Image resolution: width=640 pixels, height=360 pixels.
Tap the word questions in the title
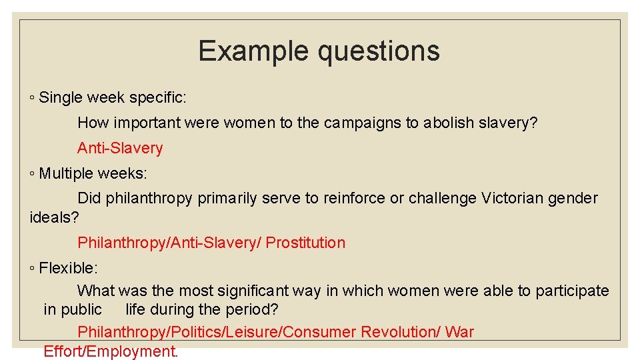[377, 51]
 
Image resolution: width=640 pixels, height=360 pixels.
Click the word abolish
[449, 123]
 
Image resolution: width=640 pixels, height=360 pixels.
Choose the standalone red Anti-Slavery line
[120, 148]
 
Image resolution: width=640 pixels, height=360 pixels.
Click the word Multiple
[66, 174]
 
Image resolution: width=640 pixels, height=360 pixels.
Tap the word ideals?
[55, 217]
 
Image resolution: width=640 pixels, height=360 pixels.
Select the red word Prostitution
[305, 243]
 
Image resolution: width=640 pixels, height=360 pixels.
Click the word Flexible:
[69, 268]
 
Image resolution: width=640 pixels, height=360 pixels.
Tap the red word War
[459, 332]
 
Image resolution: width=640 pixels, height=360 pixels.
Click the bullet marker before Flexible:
[33, 269]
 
